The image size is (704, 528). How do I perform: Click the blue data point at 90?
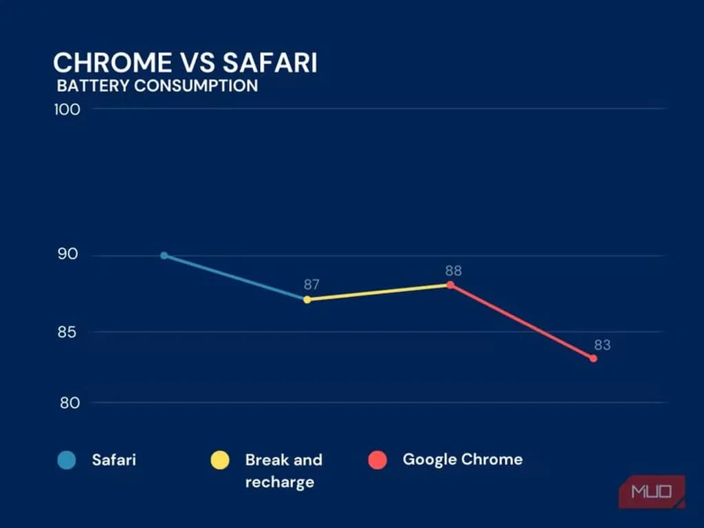(164, 256)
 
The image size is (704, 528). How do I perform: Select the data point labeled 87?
(307, 300)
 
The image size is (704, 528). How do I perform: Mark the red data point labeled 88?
(450, 285)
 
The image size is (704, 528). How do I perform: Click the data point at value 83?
(593, 358)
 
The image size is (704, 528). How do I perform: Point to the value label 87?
(313, 284)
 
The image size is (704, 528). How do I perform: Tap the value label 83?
(602, 345)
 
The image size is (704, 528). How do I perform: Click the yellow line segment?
(379, 292)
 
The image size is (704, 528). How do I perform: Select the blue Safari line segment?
(235, 278)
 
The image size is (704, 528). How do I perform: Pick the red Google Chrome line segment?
(522, 322)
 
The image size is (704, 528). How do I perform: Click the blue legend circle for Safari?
(67, 460)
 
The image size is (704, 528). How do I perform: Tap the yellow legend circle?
(220, 460)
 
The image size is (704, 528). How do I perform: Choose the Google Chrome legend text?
(462, 459)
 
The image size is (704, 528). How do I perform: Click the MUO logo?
(651, 492)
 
